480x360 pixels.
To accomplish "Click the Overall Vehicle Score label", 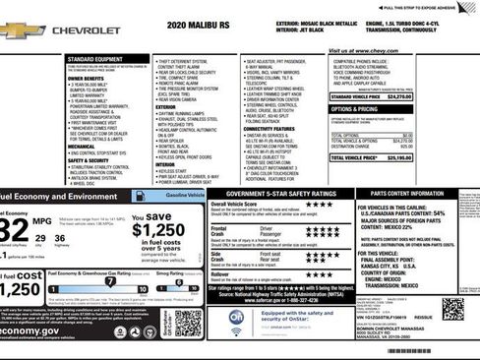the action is tap(242, 205).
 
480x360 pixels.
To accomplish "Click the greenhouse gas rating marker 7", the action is tap(110, 282).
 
